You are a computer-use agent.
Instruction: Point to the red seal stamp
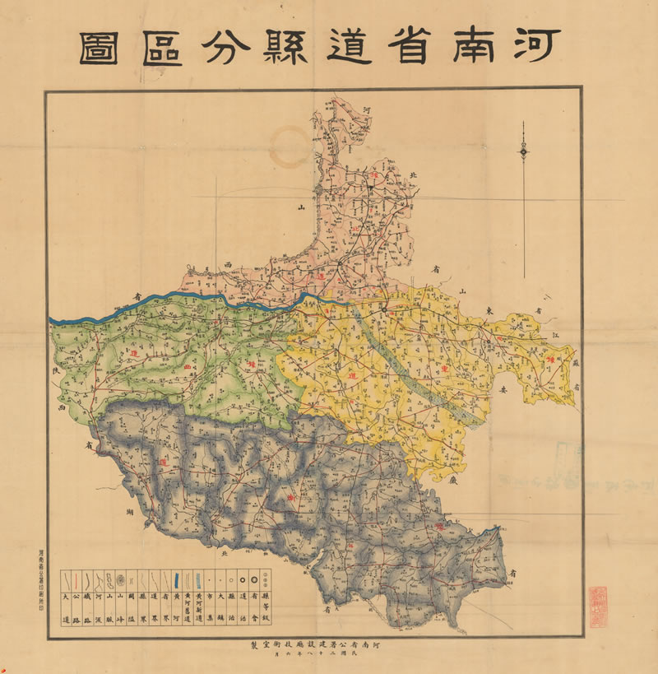[599, 607]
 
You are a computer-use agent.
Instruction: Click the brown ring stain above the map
[290, 147]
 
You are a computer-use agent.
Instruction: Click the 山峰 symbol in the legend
[120, 579]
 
